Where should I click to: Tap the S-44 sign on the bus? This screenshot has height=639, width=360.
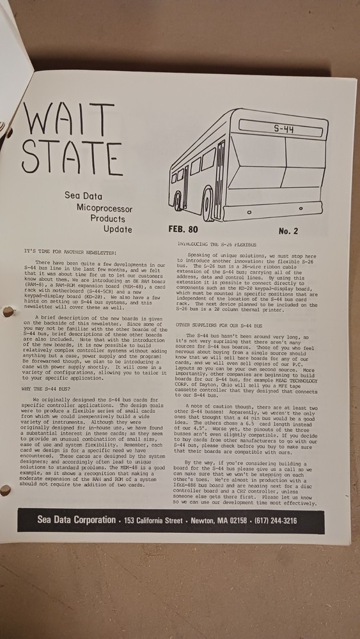[284, 130]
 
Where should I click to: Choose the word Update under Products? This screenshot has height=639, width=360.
[115, 229]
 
